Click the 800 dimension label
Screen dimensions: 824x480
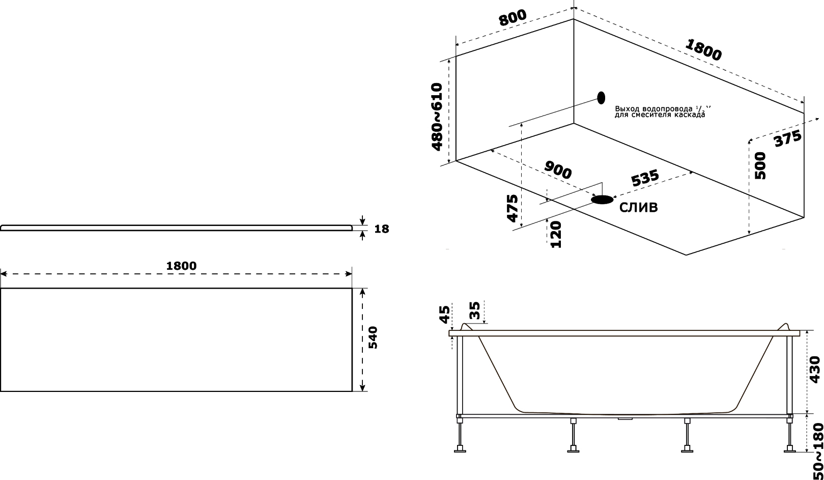(513, 17)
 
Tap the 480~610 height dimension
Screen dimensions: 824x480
(437, 117)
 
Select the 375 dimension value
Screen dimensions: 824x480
(788, 138)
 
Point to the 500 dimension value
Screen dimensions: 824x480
(760, 165)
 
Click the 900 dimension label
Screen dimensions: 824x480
(558, 170)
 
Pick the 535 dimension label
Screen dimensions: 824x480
(645, 178)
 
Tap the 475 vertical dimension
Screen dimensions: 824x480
(513, 209)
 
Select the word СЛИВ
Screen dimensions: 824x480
(639, 208)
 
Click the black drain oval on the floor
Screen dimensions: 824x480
(602, 200)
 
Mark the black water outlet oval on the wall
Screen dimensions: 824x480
(601, 97)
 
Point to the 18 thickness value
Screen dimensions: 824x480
(382, 229)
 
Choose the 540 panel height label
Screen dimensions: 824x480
(373, 337)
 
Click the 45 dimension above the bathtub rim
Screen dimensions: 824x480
(445, 315)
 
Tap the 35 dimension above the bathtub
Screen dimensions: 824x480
(475, 310)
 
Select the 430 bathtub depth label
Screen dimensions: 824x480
(815, 369)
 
